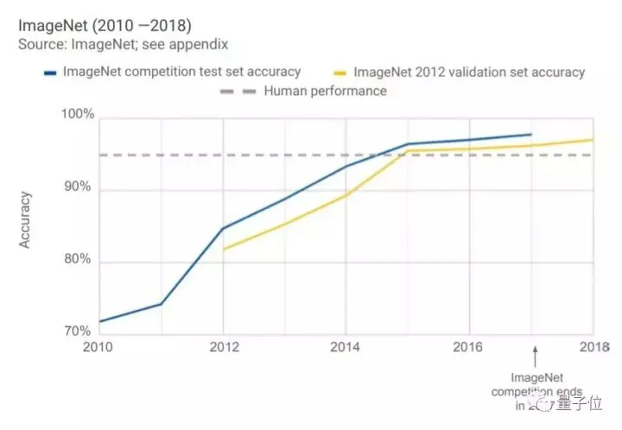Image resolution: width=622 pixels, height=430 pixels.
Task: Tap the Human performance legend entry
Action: [303, 91]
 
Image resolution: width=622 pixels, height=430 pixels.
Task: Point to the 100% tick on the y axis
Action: [76, 114]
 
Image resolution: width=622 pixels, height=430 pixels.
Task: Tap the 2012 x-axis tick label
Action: [223, 347]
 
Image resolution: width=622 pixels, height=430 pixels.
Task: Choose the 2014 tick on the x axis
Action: [346, 347]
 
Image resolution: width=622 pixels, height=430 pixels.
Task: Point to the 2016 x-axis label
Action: [469, 347]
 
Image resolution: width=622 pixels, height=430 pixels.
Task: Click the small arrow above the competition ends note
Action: [536, 353]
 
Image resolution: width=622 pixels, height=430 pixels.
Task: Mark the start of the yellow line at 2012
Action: [223, 250]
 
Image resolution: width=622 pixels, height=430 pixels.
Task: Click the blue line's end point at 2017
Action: [530, 135]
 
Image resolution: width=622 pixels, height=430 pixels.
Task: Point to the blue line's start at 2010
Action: [100, 321]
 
